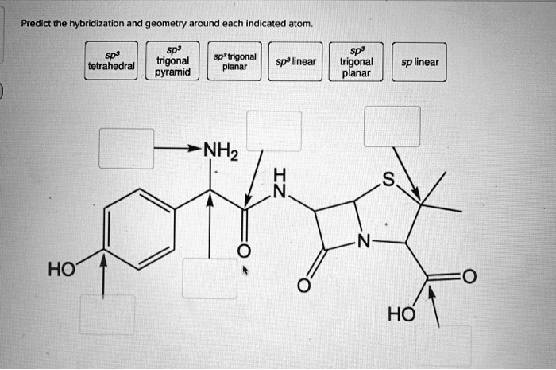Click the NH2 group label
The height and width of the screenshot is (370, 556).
[x=220, y=149]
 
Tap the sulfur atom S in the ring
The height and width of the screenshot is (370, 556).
[x=387, y=181]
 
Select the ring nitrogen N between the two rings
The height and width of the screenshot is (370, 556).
[x=363, y=241]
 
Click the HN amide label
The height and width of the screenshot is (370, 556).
[x=277, y=183]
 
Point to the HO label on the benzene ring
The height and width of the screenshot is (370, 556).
[x=61, y=270]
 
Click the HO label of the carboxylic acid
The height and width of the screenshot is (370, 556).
[x=400, y=314]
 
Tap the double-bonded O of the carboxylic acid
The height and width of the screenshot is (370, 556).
[x=468, y=277]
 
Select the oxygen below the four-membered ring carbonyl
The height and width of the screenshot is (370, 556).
[x=303, y=286]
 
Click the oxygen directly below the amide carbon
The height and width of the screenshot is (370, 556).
[x=244, y=251]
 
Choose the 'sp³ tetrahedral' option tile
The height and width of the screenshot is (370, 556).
[x=111, y=60]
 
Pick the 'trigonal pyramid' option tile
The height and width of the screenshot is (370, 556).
[x=172, y=60]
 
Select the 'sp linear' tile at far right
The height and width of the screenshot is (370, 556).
[x=419, y=60]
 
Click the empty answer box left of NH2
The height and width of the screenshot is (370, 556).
[x=125, y=148]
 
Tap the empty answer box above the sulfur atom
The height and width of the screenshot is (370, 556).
[x=392, y=126]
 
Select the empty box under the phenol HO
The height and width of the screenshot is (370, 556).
[x=107, y=314]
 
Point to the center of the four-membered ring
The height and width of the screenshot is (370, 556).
[x=337, y=228]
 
